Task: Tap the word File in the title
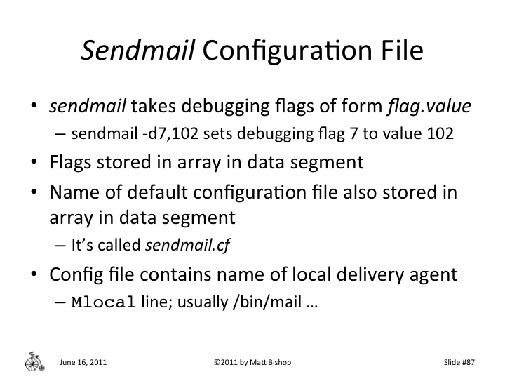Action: coord(397,51)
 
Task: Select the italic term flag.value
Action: coord(428,107)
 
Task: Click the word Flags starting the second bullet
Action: coord(71,163)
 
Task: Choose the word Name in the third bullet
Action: coord(72,192)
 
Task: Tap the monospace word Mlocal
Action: coord(103,304)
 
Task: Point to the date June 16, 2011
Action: coord(83,362)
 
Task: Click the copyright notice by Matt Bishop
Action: coord(252,362)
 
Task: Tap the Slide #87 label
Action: coord(459,362)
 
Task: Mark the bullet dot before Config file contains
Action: coord(33,274)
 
